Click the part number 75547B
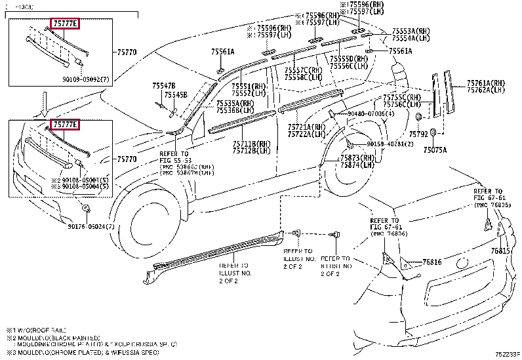pyautogui.click(x=164, y=85)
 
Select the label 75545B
pyautogui.click(x=175, y=94)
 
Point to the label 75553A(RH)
pyautogui.click(x=411, y=31)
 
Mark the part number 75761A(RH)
pyautogui.click(x=486, y=83)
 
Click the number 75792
pyautogui.click(x=418, y=134)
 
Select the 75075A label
pyautogui.click(x=435, y=150)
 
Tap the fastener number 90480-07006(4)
pyautogui.click(x=371, y=113)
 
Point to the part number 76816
pyautogui.click(x=432, y=262)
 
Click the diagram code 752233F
pyautogui.click(x=506, y=354)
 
